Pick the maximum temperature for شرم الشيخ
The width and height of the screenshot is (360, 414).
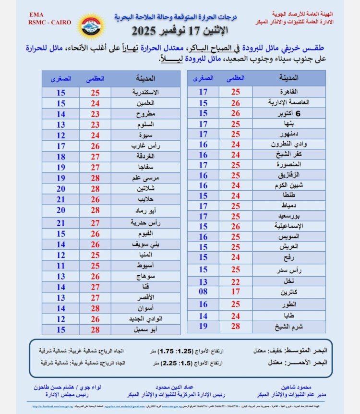pyautogui.click(x=235, y=326)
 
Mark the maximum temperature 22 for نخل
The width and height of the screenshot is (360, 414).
pyautogui.click(x=235, y=281)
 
